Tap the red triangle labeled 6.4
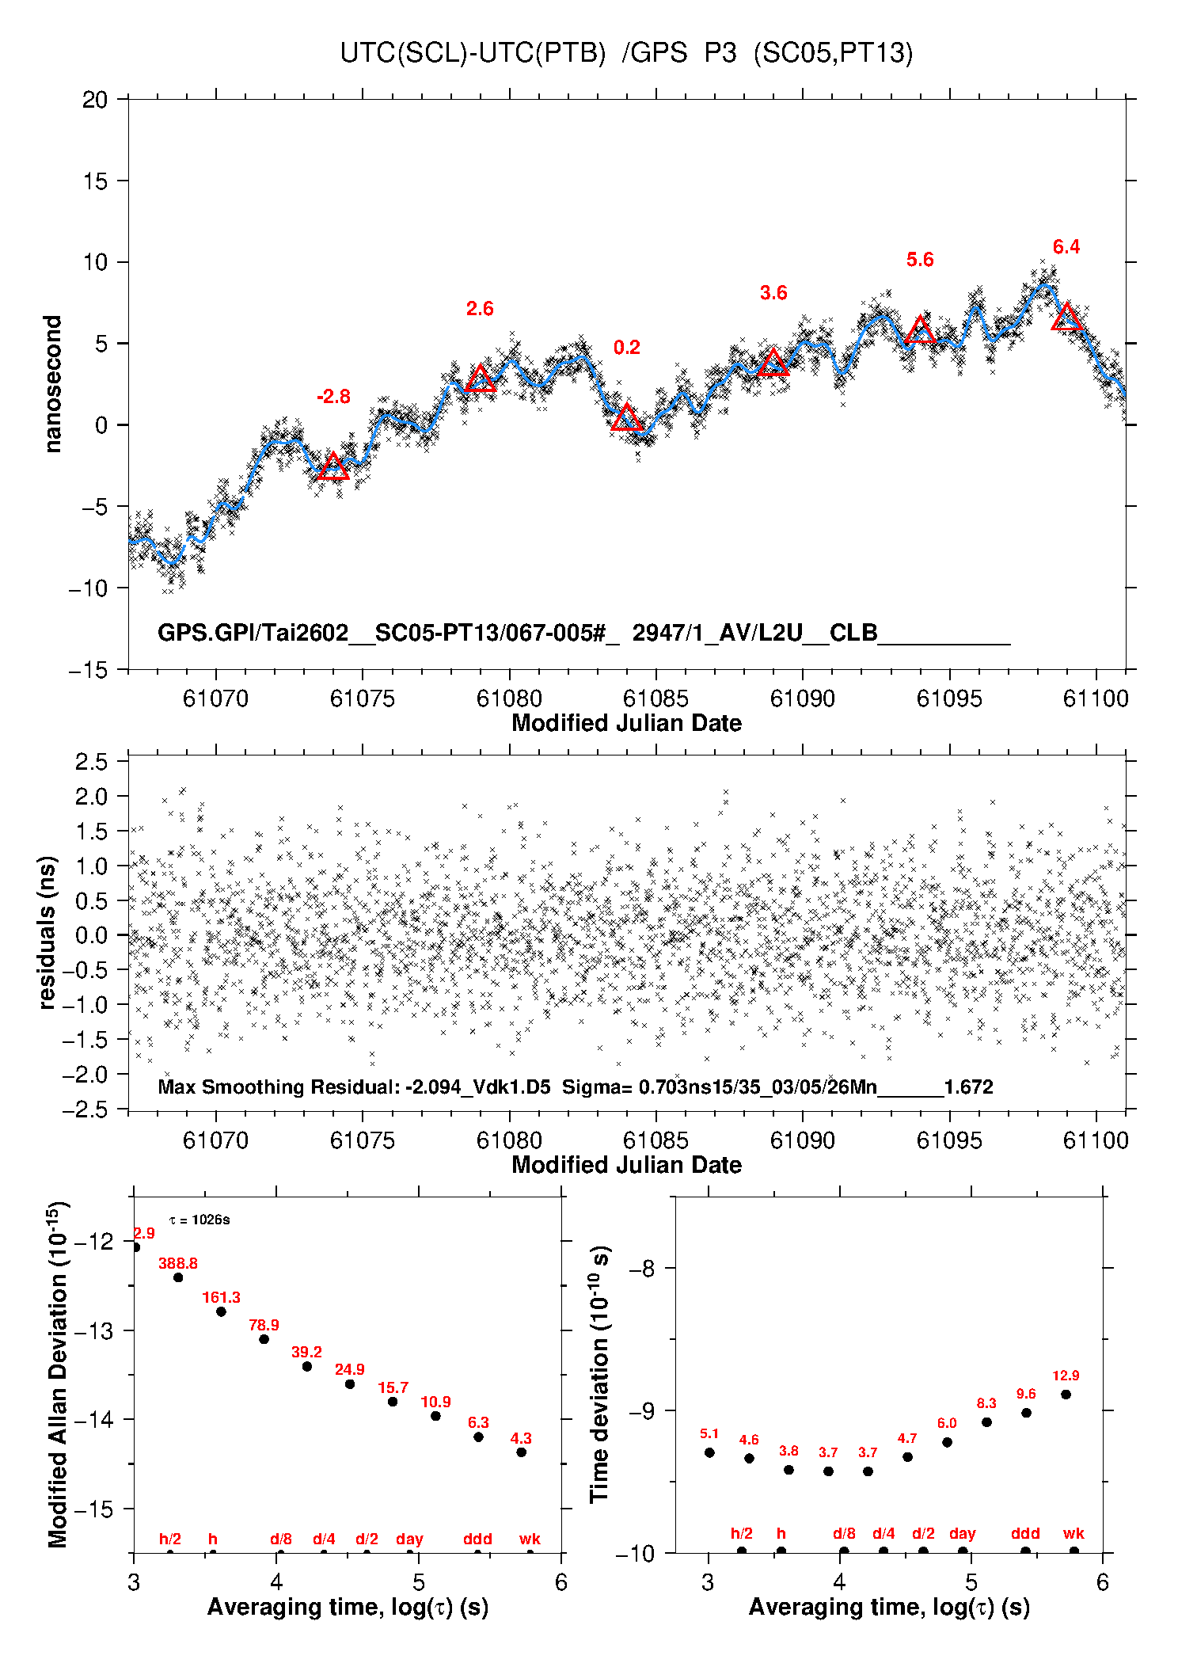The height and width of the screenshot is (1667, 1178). pyautogui.click(x=1067, y=318)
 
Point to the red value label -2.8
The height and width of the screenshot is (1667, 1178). pyautogui.click(x=333, y=397)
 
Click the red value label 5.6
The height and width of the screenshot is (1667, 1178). pyautogui.click(x=920, y=260)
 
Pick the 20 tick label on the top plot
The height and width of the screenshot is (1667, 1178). pyautogui.click(x=95, y=100)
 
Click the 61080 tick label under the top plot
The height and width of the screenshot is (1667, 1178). pyautogui.click(x=509, y=698)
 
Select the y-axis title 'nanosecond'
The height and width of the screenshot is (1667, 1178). pyautogui.click(x=53, y=384)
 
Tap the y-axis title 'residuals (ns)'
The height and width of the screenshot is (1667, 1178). pyautogui.click(x=47, y=932)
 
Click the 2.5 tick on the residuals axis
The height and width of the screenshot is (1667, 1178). pyautogui.click(x=92, y=762)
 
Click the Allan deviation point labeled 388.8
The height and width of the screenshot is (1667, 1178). pyautogui.click(x=178, y=1277)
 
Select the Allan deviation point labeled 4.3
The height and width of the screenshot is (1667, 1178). pyautogui.click(x=521, y=1452)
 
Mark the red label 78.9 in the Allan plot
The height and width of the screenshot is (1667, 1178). pyautogui.click(x=264, y=1325)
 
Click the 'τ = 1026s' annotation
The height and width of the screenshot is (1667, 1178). pyautogui.click(x=199, y=1220)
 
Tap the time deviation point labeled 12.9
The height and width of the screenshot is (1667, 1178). pyautogui.click(x=1066, y=1395)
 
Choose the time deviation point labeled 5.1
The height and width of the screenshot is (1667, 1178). pyautogui.click(x=709, y=1452)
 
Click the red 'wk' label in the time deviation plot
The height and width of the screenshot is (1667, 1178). pyautogui.click(x=1073, y=1534)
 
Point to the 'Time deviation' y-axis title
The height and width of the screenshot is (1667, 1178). pyautogui.click(x=600, y=1374)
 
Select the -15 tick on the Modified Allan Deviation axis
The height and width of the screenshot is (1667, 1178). pyautogui.click(x=93, y=1509)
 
